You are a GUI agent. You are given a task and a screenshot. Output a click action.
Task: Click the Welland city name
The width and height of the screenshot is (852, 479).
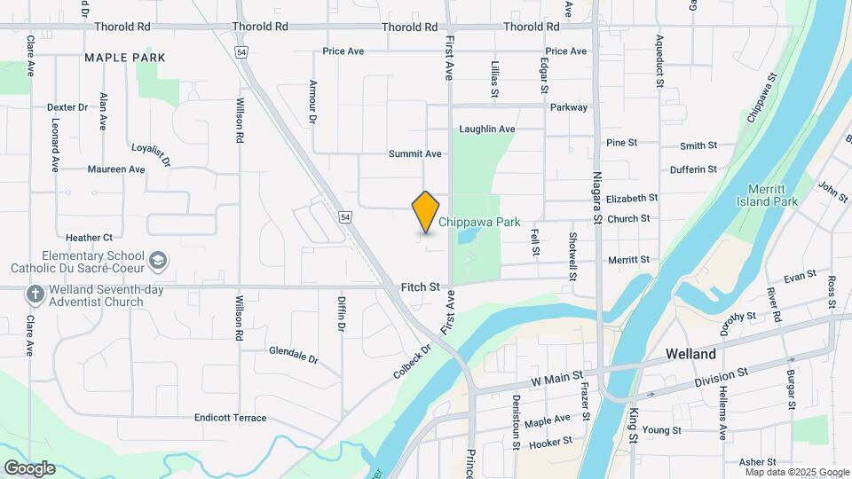pyautogui.click(x=691, y=354)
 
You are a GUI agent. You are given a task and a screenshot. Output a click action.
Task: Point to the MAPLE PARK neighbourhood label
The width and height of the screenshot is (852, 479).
pyautogui.click(x=125, y=58)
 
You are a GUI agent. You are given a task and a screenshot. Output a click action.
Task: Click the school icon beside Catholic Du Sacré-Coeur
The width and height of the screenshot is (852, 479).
pyautogui.click(x=158, y=261)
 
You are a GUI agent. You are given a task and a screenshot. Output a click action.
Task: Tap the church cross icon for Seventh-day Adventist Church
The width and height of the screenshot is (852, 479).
pyautogui.click(x=35, y=294)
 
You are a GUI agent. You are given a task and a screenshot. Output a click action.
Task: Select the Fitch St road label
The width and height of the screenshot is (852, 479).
pyautogui.click(x=421, y=287)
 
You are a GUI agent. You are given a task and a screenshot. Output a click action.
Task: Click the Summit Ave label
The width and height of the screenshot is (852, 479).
pyautogui.click(x=414, y=154)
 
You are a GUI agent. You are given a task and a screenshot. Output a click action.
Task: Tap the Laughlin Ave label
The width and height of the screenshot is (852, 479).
pyautogui.click(x=486, y=130)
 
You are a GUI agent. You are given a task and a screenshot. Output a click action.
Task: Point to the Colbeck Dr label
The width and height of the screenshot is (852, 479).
pyautogui.click(x=412, y=362)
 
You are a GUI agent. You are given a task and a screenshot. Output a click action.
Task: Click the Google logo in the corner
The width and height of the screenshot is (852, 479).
pyautogui.click(x=29, y=468)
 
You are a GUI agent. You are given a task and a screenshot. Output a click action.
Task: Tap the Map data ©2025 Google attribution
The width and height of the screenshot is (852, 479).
pyautogui.click(x=797, y=472)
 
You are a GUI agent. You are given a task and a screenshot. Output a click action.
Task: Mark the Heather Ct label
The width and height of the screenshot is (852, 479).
pyautogui.click(x=89, y=238)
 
